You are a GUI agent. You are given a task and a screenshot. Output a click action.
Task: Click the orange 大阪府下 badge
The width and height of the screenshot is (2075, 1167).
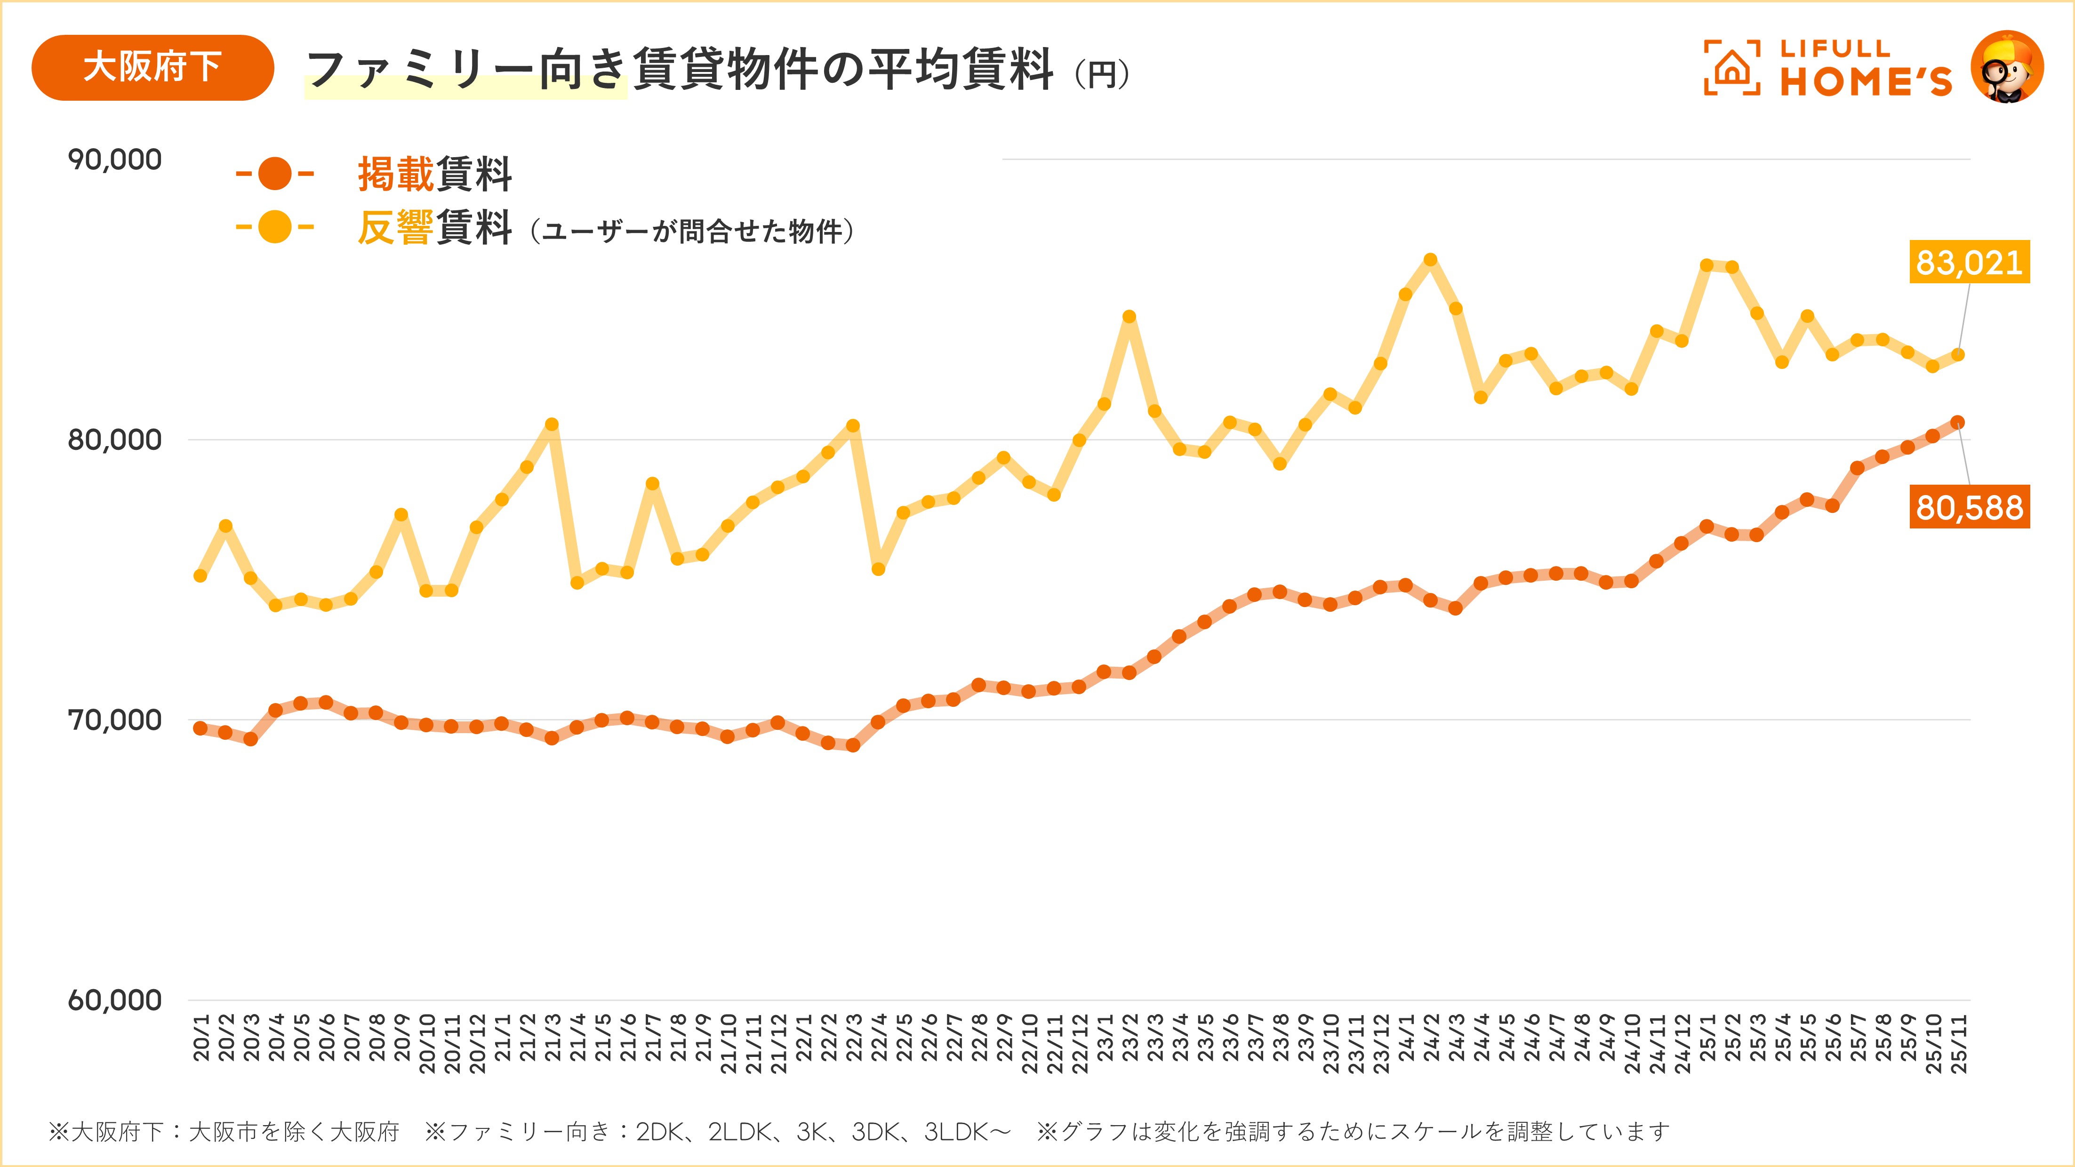(152, 68)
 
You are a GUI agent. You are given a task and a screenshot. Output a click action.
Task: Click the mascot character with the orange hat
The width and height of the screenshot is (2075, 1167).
(2007, 68)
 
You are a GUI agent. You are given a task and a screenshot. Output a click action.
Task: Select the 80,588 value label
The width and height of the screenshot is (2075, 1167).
(1969, 507)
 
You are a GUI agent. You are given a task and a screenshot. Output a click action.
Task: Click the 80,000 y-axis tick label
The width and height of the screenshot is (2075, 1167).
(114, 440)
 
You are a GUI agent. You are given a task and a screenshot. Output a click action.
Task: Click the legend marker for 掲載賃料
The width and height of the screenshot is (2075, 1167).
(275, 174)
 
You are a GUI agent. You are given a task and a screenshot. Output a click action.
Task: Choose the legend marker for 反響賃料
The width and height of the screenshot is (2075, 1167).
(275, 227)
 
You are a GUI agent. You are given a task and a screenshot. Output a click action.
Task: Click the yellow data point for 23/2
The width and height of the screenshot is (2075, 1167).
(1130, 317)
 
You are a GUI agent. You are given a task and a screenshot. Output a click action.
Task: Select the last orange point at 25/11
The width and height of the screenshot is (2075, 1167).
(1957, 422)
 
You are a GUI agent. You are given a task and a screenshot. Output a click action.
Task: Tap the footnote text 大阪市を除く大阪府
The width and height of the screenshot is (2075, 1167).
(294, 1132)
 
